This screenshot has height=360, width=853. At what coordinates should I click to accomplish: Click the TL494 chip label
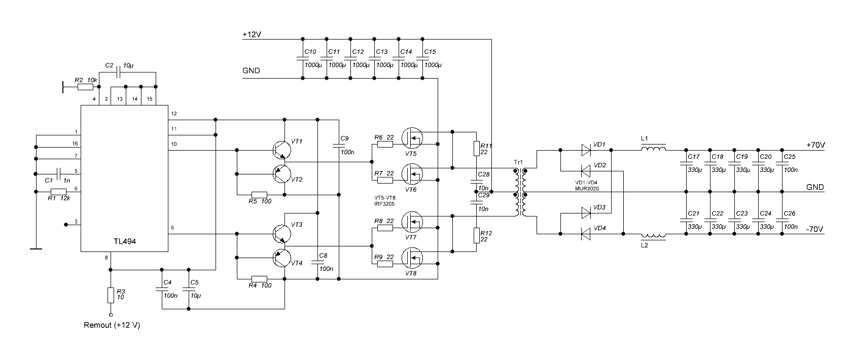point(125,242)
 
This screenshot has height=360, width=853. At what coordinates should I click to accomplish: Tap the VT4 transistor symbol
point(280,258)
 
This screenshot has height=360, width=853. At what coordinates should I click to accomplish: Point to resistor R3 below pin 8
point(111,295)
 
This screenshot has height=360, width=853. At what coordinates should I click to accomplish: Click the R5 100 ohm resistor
point(260,195)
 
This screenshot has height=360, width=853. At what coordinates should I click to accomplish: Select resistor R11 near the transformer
point(476,148)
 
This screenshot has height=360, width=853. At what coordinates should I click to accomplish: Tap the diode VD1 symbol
point(586,150)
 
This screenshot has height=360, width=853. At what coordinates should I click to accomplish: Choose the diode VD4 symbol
point(586,234)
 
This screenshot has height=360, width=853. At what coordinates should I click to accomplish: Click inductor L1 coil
point(653,149)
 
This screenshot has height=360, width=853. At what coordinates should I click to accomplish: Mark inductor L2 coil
point(653,235)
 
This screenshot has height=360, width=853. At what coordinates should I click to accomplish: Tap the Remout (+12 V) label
point(112,325)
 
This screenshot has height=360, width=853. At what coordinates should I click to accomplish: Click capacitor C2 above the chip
point(118,73)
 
